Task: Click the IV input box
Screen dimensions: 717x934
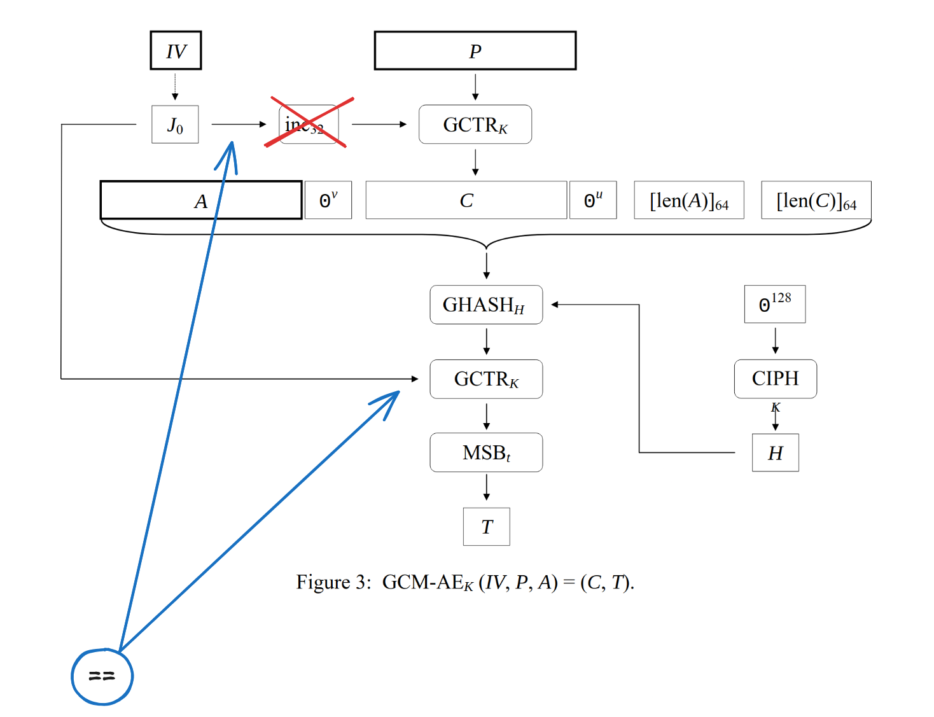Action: pos(176,50)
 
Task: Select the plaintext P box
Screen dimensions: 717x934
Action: pos(475,50)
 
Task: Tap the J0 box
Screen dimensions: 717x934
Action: pos(175,125)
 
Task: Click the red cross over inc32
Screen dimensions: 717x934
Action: pos(309,123)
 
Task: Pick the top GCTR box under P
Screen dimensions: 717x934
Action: pos(475,125)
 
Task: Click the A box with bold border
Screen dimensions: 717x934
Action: pos(200,200)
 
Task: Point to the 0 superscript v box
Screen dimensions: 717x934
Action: pos(328,200)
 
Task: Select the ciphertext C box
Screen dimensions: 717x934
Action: pos(466,200)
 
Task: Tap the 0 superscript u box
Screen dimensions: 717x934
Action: pos(592,200)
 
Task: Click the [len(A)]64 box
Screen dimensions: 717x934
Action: pos(688,200)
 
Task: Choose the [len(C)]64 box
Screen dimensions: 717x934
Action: pos(816,200)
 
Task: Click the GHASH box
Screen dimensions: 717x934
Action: pos(486,305)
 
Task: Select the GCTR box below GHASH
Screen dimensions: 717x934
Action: pos(486,379)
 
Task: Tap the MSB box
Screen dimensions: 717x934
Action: pos(486,452)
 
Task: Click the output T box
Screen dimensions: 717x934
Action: pos(486,527)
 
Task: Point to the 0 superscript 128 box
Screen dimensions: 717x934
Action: pos(774,304)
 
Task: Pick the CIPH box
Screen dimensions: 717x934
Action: pos(775,379)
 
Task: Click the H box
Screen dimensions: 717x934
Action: pos(775,452)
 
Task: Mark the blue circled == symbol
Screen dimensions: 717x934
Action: pos(102,676)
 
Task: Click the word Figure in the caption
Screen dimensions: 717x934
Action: pos(324,582)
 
